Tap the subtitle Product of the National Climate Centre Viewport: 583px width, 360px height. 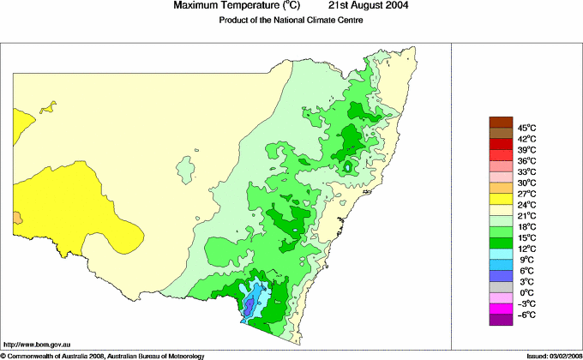coord(291,20)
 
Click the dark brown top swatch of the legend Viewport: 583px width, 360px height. coord(501,122)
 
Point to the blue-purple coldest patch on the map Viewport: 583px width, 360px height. coord(249,305)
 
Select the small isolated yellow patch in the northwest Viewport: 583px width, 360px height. coord(48,107)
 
